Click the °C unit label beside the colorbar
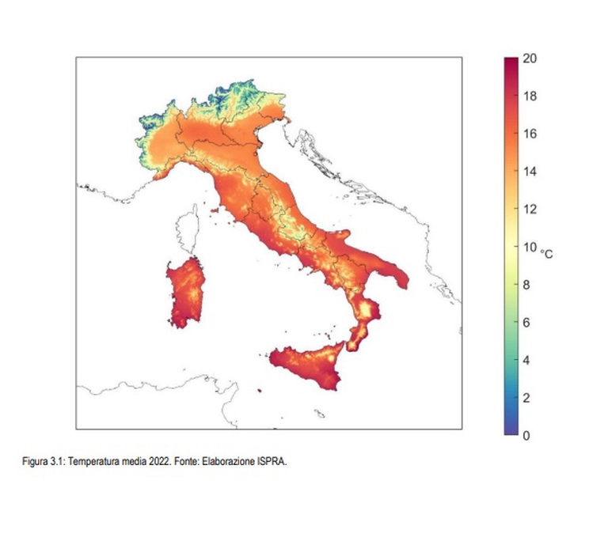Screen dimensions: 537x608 coord(546,252)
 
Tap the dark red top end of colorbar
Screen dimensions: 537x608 coord(511,62)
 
